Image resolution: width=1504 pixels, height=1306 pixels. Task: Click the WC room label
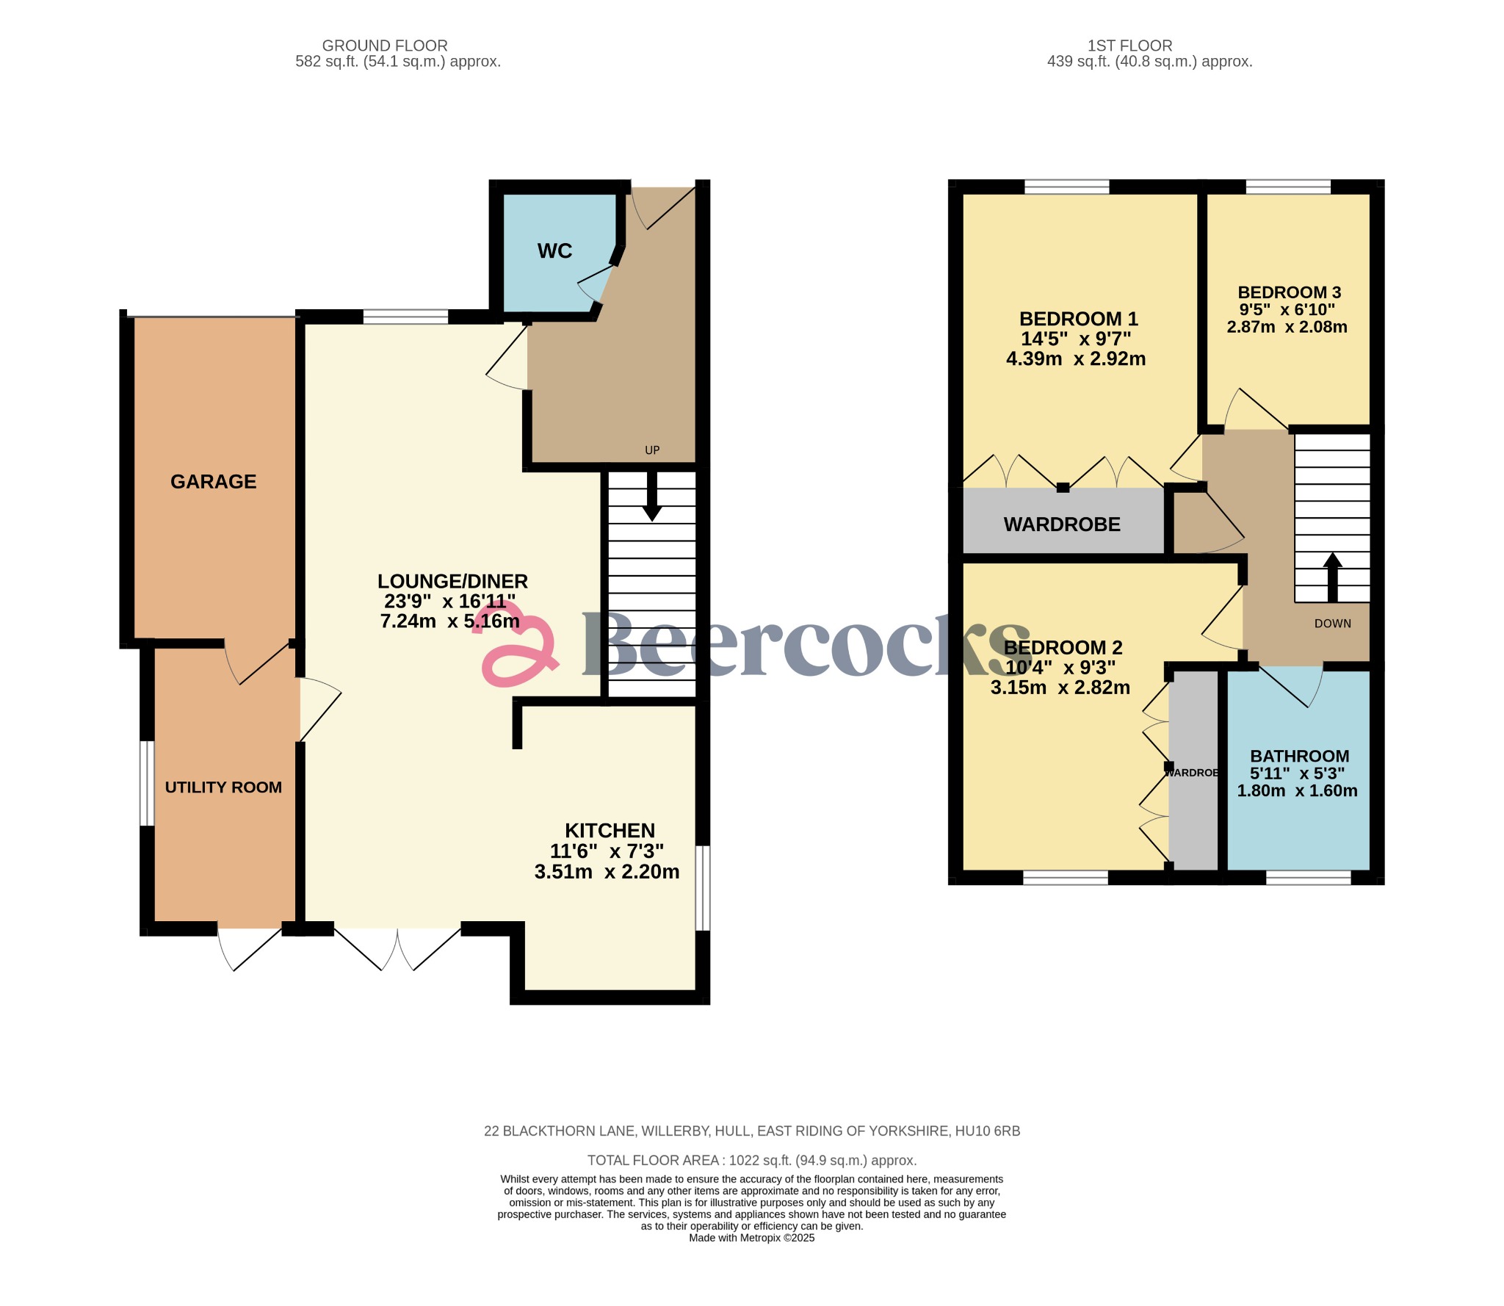click(554, 251)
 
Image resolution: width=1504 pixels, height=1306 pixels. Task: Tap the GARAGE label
click(213, 482)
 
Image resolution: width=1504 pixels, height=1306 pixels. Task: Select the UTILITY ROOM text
click(223, 787)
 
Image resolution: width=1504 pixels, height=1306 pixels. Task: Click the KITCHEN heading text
click(610, 831)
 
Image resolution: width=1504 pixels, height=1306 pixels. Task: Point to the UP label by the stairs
click(652, 450)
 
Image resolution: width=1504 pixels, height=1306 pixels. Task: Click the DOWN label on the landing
click(1332, 624)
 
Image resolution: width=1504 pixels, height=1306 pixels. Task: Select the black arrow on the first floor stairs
click(1332, 577)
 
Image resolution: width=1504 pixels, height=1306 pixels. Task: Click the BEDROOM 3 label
click(1289, 292)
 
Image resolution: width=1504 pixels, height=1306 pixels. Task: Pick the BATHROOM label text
click(1299, 756)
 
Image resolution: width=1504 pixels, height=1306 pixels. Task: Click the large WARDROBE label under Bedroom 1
click(1062, 524)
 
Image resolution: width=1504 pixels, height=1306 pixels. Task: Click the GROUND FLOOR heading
click(385, 46)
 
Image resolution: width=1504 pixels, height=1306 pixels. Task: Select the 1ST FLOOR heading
click(1129, 46)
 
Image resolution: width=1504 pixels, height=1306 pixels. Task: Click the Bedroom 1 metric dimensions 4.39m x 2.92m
click(1075, 359)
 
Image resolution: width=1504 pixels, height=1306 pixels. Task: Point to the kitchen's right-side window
click(703, 888)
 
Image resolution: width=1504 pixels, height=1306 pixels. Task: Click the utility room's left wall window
click(147, 783)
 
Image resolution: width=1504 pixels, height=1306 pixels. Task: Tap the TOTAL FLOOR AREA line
click(751, 1161)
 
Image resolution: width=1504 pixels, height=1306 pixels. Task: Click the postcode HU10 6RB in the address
click(987, 1131)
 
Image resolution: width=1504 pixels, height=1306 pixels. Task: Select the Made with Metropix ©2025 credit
click(751, 1238)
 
